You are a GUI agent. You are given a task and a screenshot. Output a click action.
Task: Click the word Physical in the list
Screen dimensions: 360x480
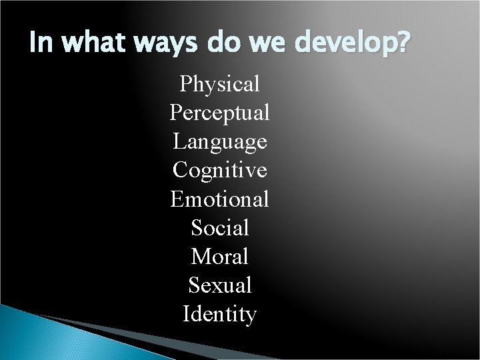click(x=219, y=85)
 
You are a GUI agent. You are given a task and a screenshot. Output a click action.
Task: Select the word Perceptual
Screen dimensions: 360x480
click(x=219, y=113)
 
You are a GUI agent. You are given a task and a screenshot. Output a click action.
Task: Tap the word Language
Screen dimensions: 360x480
click(x=219, y=142)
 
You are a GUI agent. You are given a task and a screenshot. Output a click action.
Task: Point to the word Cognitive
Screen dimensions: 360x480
click(x=219, y=171)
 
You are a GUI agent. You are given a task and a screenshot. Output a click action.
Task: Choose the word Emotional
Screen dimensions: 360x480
click(x=219, y=199)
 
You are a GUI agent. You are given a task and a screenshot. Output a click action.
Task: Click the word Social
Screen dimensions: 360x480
click(x=219, y=228)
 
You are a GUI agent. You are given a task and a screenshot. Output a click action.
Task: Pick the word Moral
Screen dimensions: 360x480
click(x=219, y=257)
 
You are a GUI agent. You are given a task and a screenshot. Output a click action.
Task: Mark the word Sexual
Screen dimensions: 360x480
click(x=219, y=285)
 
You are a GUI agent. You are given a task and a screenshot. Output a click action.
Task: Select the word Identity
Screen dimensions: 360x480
click(x=219, y=314)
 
